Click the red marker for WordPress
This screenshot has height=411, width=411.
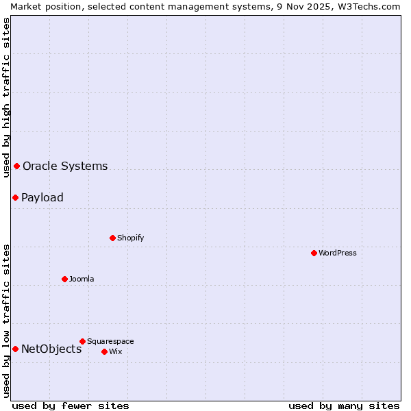314,253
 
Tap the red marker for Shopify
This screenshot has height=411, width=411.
112,238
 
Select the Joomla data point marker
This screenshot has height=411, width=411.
64,279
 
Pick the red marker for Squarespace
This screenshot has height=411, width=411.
82,341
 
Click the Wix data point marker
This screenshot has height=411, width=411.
104,351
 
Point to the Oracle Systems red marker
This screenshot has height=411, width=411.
16,166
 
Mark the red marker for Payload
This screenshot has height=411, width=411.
15,197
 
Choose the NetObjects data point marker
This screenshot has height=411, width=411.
15,349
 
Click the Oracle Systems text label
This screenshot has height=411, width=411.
65,166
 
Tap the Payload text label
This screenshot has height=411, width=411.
42,197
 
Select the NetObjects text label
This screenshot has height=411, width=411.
51,349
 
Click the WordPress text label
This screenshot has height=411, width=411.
338,253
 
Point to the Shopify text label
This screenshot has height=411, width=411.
130,238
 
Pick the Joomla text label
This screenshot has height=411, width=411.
82,279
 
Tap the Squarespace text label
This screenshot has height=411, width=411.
110,341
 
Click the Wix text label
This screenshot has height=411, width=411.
115,351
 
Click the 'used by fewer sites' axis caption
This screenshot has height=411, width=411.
71,406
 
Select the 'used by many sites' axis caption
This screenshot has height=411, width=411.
344,406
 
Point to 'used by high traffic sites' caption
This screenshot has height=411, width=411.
6,97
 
